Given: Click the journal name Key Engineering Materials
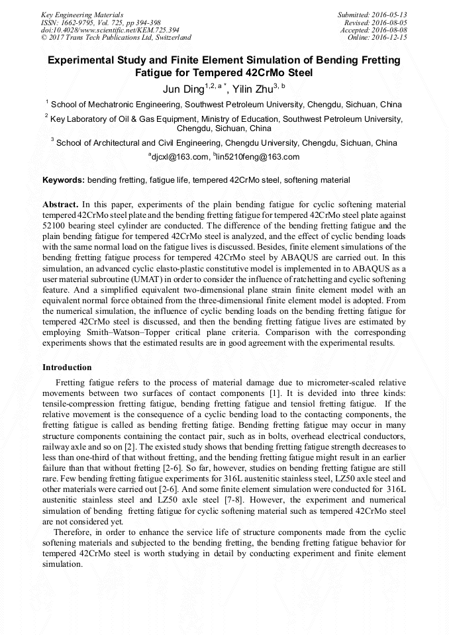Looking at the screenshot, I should click(82, 15).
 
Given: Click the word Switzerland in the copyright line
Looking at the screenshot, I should click(168, 38).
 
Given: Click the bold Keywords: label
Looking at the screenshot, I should click(64, 180).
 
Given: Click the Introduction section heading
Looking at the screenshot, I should click(67, 367).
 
